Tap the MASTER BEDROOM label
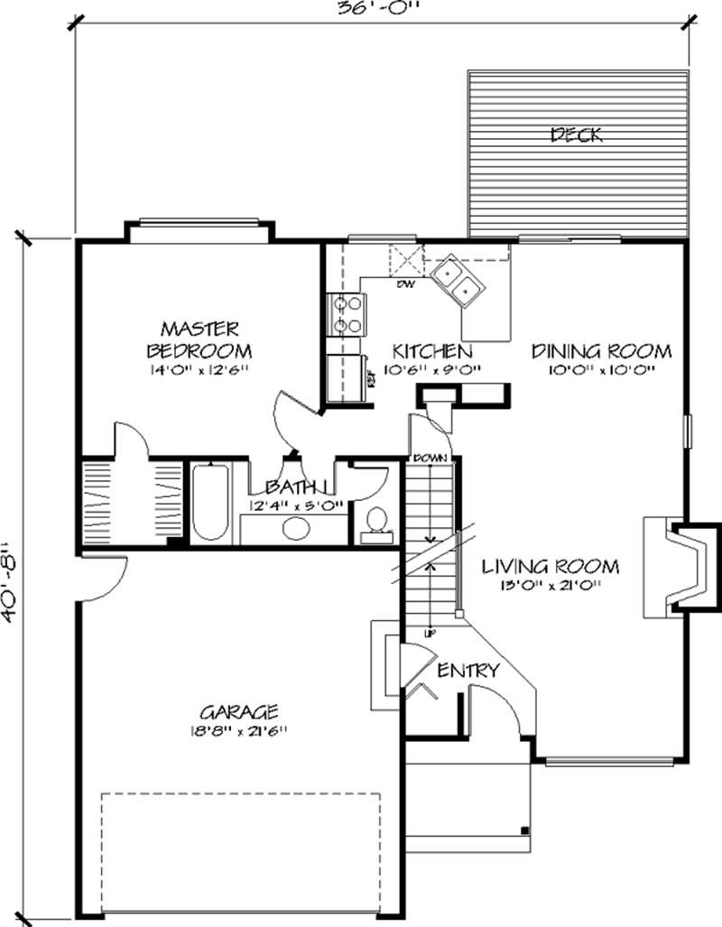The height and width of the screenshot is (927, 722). (199, 338)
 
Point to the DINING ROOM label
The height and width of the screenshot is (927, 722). (601, 350)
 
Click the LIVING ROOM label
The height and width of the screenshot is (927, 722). (550, 567)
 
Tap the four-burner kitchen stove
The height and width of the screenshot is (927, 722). (347, 315)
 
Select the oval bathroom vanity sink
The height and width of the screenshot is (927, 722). (294, 529)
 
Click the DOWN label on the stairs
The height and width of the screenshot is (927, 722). (430, 459)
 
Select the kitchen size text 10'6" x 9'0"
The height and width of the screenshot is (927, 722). (427, 369)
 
